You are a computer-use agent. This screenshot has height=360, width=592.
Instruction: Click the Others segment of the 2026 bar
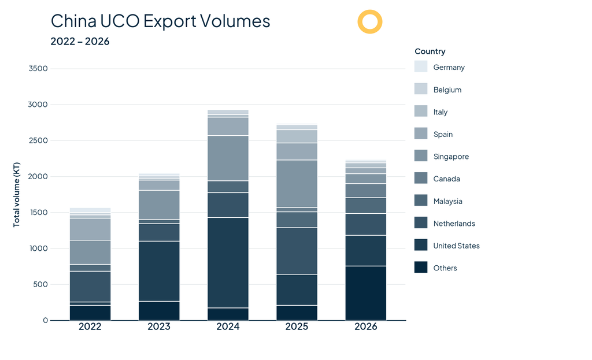click(x=366, y=293)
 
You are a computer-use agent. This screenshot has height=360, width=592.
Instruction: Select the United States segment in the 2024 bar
click(x=228, y=263)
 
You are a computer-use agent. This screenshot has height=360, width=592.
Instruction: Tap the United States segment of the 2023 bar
click(x=159, y=271)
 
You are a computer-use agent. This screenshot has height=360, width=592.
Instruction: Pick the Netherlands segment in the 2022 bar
click(x=90, y=287)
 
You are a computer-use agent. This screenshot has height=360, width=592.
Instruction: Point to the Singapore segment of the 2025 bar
click(x=297, y=184)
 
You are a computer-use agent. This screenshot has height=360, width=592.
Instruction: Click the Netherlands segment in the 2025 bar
click(x=297, y=251)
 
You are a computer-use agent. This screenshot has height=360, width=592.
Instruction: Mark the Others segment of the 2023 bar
click(x=159, y=311)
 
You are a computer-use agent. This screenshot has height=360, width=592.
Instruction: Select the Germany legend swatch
click(x=421, y=66)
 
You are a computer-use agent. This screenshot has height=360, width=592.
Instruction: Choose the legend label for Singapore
click(x=451, y=157)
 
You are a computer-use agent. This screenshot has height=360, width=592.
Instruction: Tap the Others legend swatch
click(x=421, y=267)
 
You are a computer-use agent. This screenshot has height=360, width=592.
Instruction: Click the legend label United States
click(x=457, y=246)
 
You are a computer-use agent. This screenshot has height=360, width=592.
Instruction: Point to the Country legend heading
click(x=430, y=51)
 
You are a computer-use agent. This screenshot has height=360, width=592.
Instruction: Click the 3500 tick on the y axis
click(x=38, y=68)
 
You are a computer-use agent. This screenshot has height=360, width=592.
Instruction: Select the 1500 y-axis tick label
click(x=38, y=213)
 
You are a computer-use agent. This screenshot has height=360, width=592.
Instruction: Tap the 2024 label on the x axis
click(x=228, y=326)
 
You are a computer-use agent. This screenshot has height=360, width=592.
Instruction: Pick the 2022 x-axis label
click(x=90, y=326)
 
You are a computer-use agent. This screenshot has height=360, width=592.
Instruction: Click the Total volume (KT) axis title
click(x=16, y=195)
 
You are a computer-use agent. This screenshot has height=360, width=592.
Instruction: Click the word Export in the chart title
click(x=170, y=21)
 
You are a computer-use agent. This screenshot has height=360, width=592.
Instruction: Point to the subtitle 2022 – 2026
click(x=80, y=41)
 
